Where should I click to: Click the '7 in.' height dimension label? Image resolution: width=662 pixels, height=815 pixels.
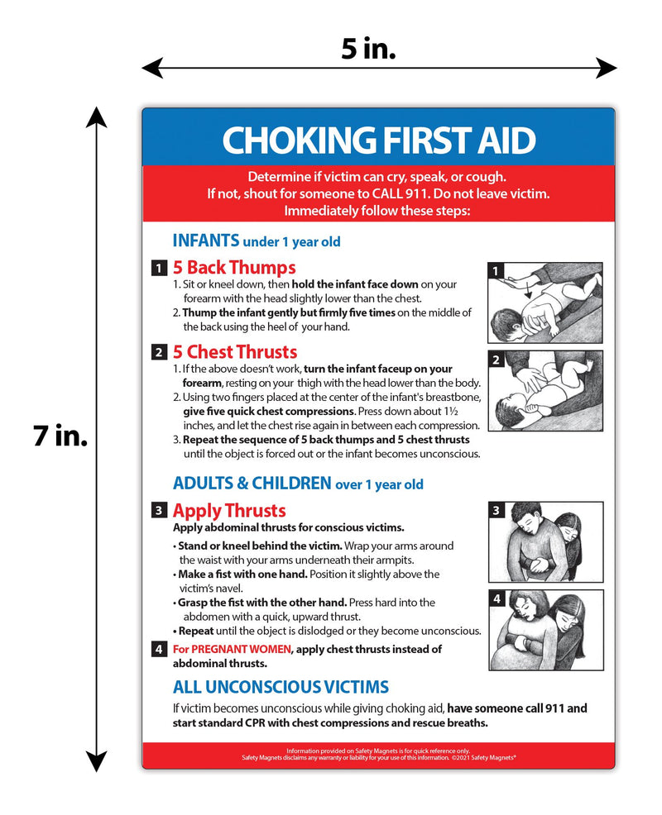tap(60, 436)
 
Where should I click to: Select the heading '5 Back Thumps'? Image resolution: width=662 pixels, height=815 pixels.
tap(233, 268)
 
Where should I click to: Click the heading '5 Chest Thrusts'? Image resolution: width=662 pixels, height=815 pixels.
tap(234, 352)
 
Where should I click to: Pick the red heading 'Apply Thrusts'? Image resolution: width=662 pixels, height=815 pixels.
tap(228, 510)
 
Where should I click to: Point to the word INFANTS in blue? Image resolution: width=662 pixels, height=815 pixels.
tap(205, 241)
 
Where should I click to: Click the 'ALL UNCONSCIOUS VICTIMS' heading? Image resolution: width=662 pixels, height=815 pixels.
tap(281, 687)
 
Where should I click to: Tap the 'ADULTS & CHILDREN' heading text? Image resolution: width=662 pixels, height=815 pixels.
tap(252, 483)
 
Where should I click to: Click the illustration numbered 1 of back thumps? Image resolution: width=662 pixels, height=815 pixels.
tap(544, 303)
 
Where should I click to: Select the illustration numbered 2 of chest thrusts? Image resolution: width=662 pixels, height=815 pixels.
tap(544, 390)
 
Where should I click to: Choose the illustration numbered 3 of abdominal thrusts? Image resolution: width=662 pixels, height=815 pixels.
tap(544, 541)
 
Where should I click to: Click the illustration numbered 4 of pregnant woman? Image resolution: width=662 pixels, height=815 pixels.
tap(544, 630)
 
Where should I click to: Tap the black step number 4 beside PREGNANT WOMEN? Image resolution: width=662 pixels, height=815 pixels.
tap(158, 650)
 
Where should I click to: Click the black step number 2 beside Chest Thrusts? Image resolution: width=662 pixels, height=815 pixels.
tap(158, 353)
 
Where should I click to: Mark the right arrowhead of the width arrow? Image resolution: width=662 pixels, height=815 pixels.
tap(609, 68)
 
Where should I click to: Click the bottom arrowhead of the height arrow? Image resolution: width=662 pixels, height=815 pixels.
tap(98, 762)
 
